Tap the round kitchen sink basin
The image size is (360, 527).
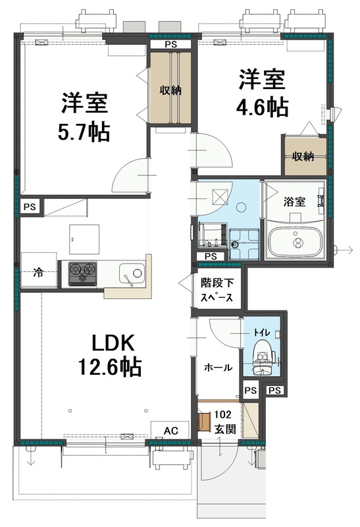(x=137, y=272)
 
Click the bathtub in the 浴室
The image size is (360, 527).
(x=298, y=242)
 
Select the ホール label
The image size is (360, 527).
(x=218, y=368)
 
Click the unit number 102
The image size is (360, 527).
(x=223, y=415)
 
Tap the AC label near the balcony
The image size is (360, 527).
(x=170, y=430)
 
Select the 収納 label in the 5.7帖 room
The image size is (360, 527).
(x=169, y=90)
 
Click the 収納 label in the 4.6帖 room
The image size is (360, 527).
(x=303, y=156)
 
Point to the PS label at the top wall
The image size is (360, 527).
(x=170, y=44)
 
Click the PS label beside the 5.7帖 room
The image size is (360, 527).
(x=30, y=207)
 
